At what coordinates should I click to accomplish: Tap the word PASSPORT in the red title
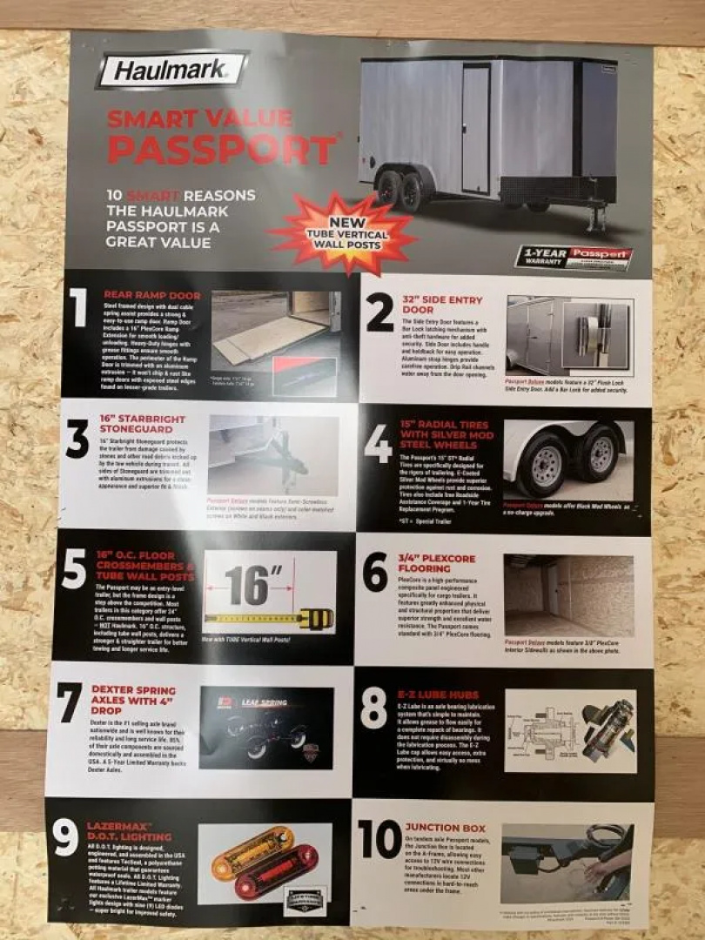[221, 150]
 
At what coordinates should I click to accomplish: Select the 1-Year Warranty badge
[574, 257]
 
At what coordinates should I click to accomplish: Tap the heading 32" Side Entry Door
[441, 305]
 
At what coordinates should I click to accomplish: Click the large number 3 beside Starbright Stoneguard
[77, 440]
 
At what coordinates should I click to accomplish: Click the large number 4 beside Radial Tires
[378, 445]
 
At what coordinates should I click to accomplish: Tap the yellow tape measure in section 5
[271, 619]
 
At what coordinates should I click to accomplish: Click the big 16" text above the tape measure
[252, 584]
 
